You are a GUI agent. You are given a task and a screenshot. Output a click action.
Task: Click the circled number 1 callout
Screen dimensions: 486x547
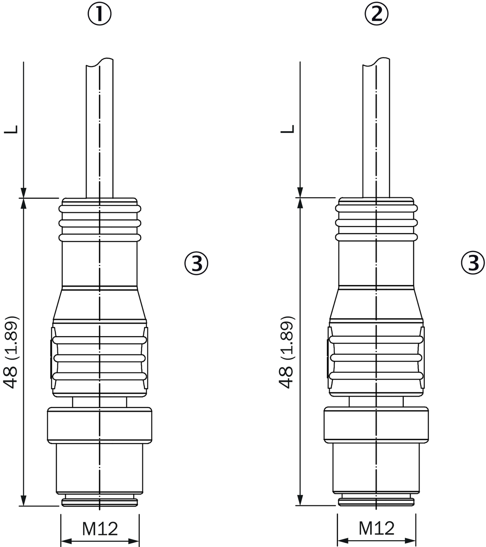[99, 14]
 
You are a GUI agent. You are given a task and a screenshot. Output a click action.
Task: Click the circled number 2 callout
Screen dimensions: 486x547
[376, 14]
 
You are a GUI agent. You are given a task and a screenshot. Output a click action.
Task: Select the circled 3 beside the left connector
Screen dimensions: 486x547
[196, 263]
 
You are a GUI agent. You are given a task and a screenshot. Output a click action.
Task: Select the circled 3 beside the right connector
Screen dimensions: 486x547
[473, 263]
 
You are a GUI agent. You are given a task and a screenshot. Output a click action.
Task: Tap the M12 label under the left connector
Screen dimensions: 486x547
[100, 529]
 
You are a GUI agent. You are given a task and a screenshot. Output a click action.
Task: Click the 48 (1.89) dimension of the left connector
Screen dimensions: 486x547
[11, 352]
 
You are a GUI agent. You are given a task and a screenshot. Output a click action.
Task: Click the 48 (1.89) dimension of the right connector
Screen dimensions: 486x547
[287, 352]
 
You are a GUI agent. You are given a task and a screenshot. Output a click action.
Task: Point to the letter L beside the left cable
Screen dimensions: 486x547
[11, 129]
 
